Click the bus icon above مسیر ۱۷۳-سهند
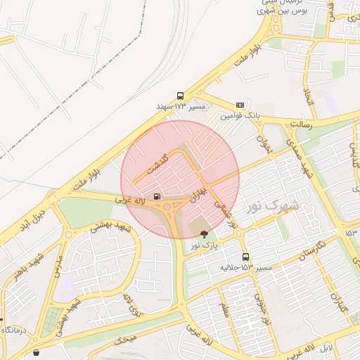pos(181,96)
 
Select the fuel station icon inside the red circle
pos(156,196)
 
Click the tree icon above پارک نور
pos(204,234)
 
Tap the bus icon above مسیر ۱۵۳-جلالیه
pos(245,257)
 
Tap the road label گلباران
pos(340,304)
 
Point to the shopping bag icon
pos(36,353)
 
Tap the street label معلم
pos(224,309)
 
